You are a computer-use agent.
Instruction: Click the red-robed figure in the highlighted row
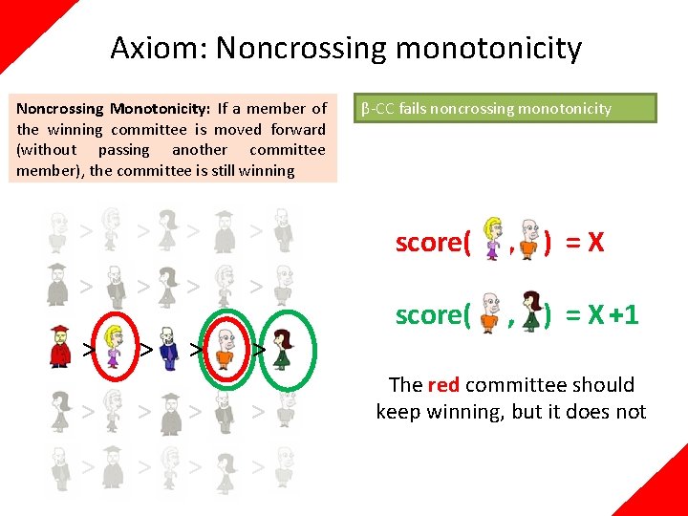coord(59,346)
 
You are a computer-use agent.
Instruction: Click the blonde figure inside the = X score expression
coord(494,239)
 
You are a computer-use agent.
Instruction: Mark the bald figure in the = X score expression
coord(527,239)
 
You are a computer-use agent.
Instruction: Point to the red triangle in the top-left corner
coord(24,24)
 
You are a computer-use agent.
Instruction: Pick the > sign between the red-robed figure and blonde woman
coord(87,349)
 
